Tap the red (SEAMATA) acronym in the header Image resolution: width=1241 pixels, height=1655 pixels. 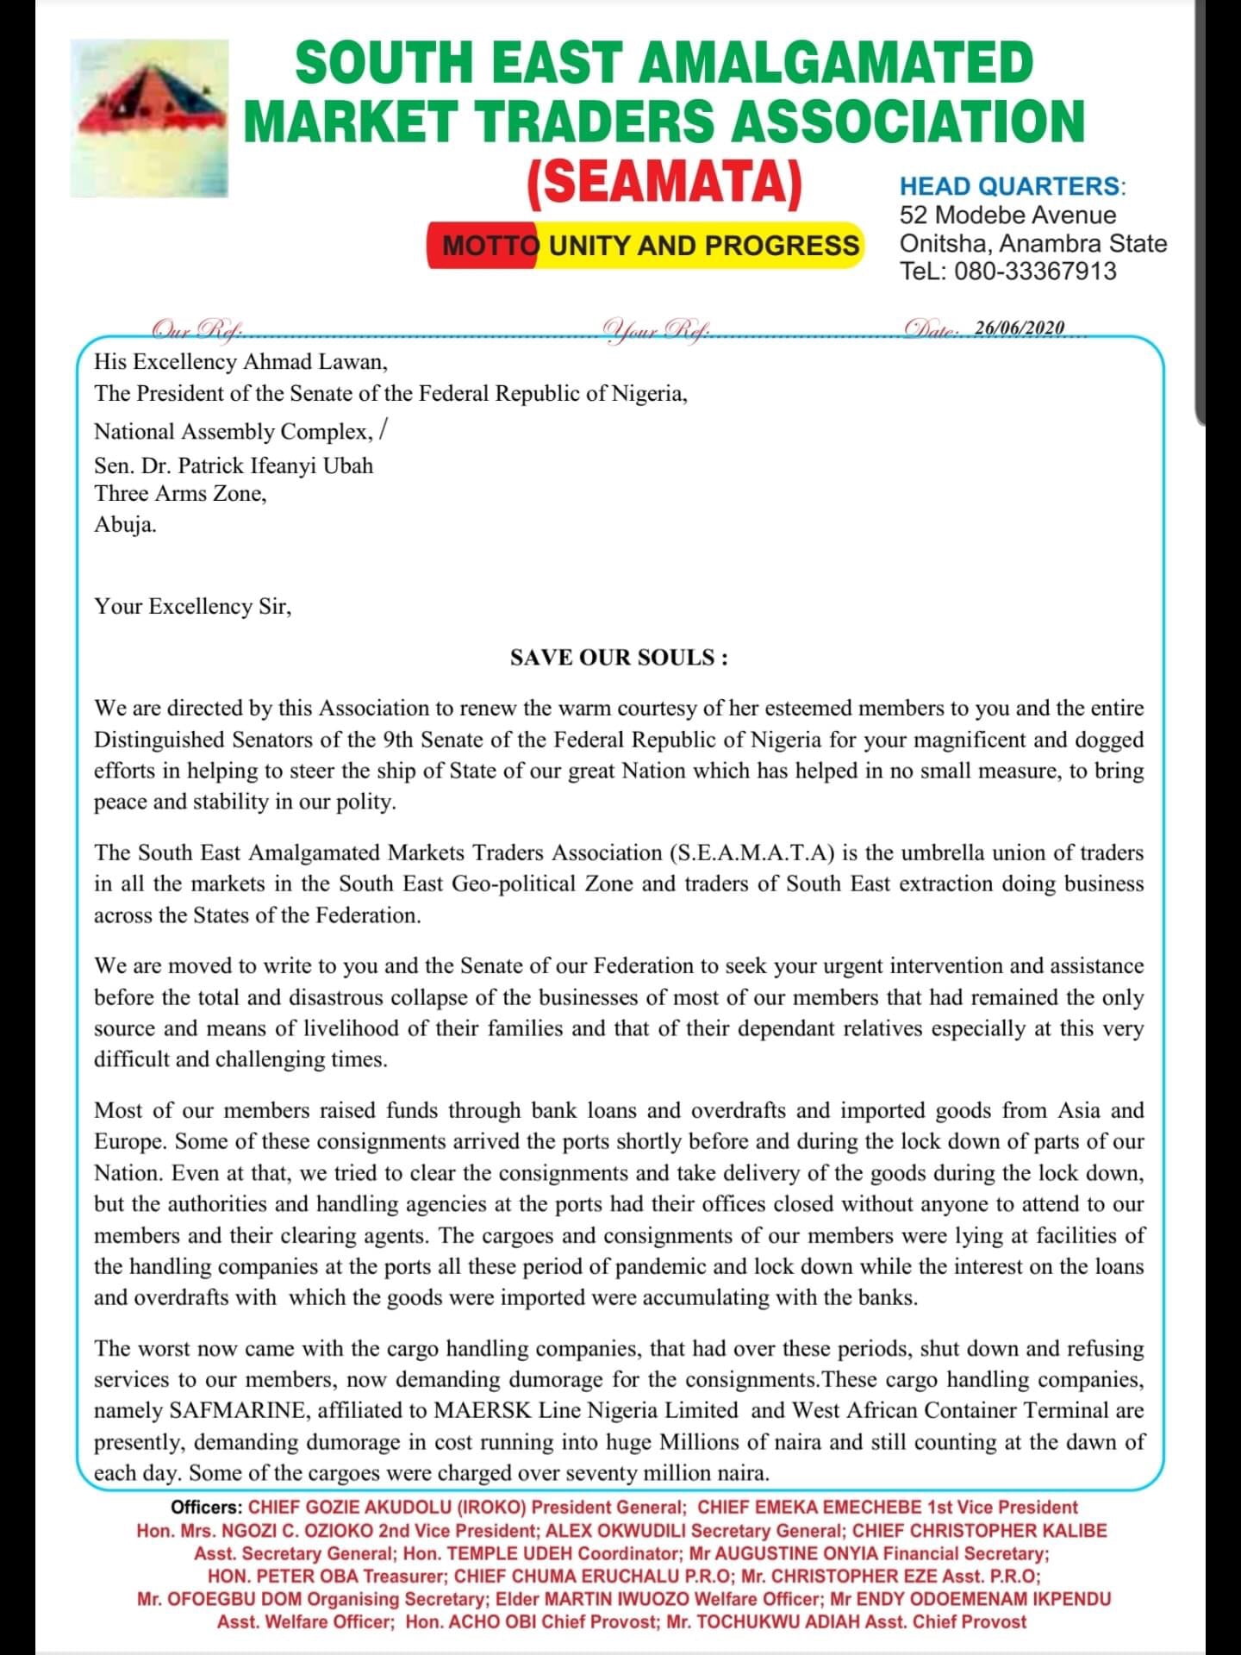(x=664, y=182)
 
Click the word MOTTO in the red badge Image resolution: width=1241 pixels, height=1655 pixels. (x=490, y=246)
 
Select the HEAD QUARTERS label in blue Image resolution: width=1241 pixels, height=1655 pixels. (x=1012, y=186)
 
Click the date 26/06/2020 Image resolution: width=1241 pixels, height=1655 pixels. (x=1020, y=328)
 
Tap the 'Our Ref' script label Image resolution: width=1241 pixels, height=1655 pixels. (x=196, y=329)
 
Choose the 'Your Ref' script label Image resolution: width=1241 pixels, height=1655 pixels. (x=657, y=329)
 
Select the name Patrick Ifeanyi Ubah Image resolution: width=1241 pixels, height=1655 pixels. (x=275, y=465)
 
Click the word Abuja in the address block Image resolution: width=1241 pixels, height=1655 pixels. (x=125, y=525)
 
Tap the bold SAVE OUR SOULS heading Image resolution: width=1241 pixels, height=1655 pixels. (x=619, y=658)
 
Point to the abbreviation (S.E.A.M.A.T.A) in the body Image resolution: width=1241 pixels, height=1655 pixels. (x=751, y=853)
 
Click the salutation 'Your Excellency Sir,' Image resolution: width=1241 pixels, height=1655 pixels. (x=193, y=607)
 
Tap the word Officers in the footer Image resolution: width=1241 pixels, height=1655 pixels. (x=207, y=1508)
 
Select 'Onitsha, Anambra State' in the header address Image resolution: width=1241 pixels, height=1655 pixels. (x=1032, y=244)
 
